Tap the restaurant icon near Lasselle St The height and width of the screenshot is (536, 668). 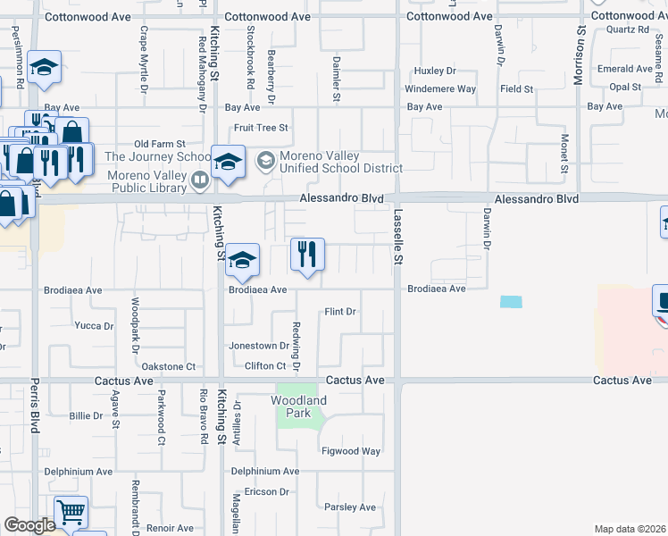306,255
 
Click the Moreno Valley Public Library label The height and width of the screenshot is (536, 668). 147,180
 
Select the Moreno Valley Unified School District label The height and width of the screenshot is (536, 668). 340,162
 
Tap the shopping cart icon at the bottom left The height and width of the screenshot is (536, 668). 71,512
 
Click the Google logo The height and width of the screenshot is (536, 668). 29,525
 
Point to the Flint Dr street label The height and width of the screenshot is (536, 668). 340,312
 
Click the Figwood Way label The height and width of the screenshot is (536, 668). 352,451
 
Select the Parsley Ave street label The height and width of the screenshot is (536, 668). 350,507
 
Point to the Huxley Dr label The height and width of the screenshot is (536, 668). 435,71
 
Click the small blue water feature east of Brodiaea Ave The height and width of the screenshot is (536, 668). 511,302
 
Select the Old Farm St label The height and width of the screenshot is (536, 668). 159,144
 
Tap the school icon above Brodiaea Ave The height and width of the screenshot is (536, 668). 242,260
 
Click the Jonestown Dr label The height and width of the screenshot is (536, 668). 259,345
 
